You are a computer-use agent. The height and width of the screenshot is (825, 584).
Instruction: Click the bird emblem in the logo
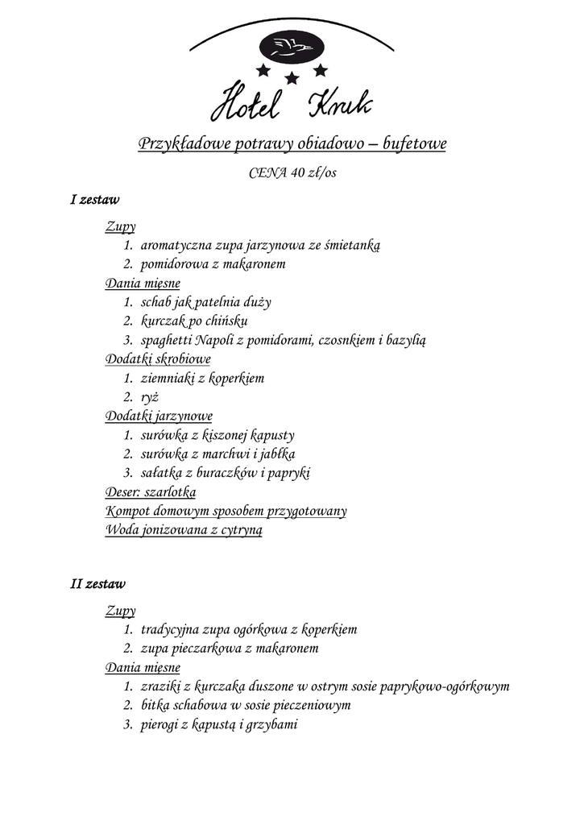[292, 47]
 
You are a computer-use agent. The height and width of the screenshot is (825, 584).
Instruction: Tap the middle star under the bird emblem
[292, 78]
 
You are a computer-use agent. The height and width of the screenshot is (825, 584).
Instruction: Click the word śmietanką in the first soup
[351, 245]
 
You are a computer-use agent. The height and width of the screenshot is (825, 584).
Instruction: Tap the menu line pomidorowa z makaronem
[213, 264]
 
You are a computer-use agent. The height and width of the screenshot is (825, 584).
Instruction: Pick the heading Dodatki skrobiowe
[158, 359]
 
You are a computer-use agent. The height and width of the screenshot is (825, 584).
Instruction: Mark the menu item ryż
[148, 397]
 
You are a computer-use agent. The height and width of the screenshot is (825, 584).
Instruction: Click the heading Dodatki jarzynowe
[159, 417]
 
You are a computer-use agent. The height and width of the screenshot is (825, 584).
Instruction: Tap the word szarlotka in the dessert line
[170, 492]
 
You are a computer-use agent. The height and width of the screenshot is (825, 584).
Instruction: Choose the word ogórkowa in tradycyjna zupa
[251, 629]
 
